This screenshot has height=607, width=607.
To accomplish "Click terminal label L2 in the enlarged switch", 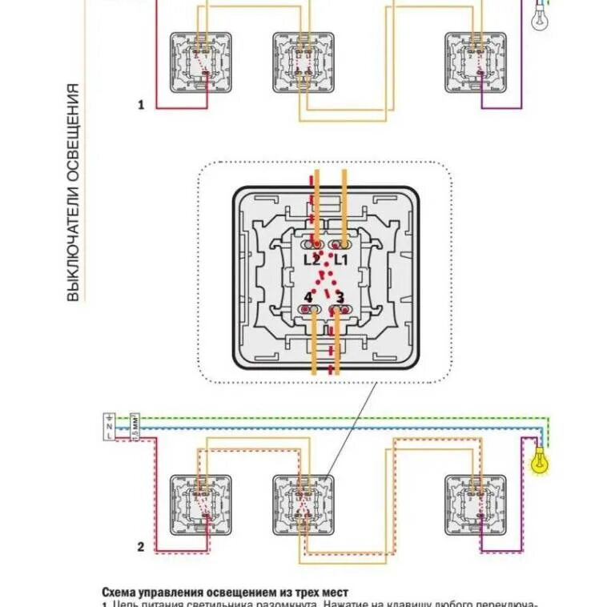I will click(x=312, y=260).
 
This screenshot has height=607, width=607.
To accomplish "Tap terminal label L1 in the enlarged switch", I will click(x=341, y=260).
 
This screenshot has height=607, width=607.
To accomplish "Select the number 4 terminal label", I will click(x=308, y=297).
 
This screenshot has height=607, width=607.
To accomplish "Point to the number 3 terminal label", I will click(x=340, y=297).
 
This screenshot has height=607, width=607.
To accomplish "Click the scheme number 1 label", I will click(x=141, y=105).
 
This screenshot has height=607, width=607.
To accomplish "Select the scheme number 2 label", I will click(x=141, y=548).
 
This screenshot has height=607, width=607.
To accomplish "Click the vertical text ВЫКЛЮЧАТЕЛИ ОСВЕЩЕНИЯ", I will click(x=73, y=192).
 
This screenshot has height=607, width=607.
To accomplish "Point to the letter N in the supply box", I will click(x=110, y=426).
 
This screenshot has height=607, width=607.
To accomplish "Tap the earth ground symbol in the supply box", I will click(x=110, y=417).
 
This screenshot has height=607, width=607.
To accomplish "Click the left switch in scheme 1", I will click(x=200, y=62).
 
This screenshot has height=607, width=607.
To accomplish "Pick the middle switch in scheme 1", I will click(x=303, y=62).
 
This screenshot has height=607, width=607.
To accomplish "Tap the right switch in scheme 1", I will click(x=476, y=62).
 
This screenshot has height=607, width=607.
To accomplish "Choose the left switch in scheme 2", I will click(x=200, y=505).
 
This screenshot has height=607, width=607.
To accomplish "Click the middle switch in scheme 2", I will click(x=303, y=505).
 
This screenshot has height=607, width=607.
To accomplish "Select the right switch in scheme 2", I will click(x=476, y=505).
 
